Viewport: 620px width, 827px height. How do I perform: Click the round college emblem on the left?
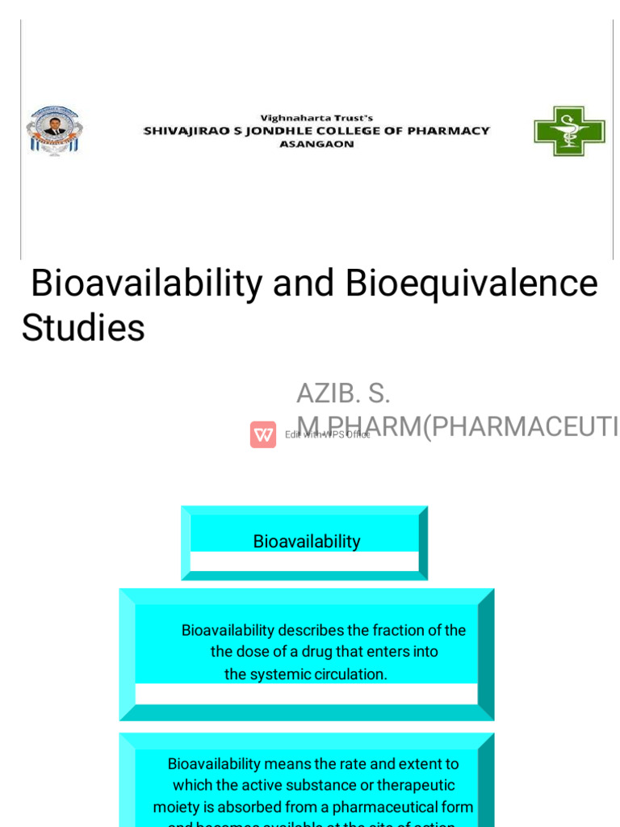pos(54,130)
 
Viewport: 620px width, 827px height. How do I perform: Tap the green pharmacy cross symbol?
pos(569,131)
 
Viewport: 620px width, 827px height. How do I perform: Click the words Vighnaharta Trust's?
pos(316,118)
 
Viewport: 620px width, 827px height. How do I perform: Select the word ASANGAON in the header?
pos(316,145)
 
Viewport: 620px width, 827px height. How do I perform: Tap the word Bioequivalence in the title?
pos(471,283)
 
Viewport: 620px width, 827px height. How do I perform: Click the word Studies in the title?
pos(83,328)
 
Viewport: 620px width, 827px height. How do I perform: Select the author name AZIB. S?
pos(343,393)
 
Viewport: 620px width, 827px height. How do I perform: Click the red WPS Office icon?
pos(263,434)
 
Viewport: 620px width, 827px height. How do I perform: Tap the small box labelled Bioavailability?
pos(307,541)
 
